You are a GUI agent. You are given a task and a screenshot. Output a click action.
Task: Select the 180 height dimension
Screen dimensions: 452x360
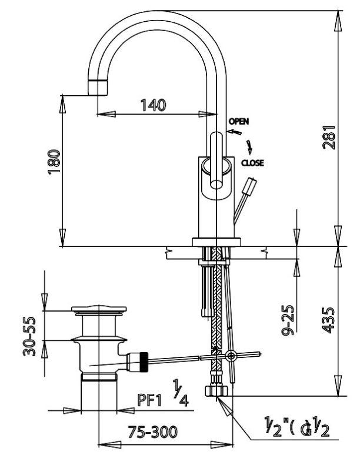54,161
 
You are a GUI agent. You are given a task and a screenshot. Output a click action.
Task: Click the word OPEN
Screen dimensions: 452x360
238,121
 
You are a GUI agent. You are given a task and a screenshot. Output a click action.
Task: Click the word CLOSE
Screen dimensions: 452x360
252,163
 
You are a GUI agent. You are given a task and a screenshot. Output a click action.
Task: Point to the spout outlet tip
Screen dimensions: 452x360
99,88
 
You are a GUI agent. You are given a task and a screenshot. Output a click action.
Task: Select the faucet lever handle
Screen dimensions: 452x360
216,162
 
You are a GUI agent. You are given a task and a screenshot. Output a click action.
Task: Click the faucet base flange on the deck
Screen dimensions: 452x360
217,240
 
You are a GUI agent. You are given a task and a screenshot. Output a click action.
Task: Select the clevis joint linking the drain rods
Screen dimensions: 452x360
229,355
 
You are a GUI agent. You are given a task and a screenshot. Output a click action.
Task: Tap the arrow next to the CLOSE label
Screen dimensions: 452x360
251,146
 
